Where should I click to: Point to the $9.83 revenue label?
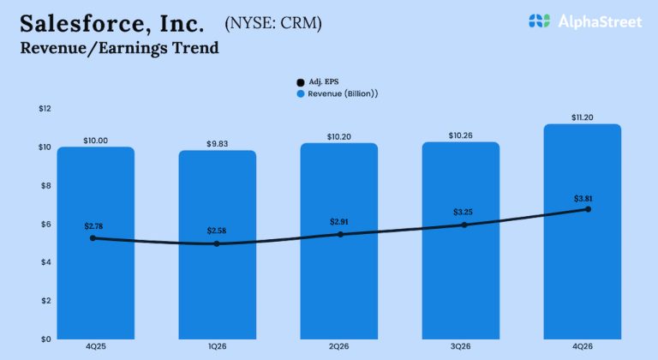click(218, 142)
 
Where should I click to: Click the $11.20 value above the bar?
click(583, 117)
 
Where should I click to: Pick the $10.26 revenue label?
click(462, 135)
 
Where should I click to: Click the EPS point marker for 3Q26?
click(464, 225)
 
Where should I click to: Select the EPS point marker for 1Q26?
click(217, 243)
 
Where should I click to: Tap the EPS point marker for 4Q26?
click(588, 209)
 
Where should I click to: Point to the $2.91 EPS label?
click(340, 222)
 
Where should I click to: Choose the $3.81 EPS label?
click(583, 198)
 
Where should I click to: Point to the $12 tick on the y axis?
click(45, 109)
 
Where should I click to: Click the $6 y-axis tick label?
click(45, 224)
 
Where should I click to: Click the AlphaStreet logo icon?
click(538, 21)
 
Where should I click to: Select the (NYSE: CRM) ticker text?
click(273, 23)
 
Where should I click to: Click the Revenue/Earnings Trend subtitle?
click(119, 48)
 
